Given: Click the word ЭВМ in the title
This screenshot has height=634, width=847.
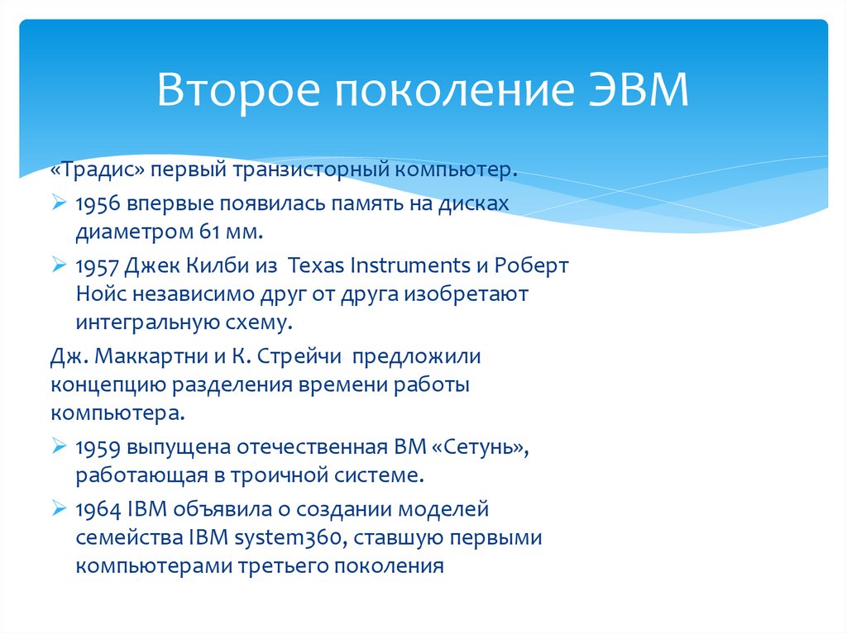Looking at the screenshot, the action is coord(639,88).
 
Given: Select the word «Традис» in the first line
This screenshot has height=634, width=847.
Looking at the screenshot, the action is coord(98,169).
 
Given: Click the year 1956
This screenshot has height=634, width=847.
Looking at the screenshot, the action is coord(98,203).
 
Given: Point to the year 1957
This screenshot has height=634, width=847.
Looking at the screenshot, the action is coord(98,265).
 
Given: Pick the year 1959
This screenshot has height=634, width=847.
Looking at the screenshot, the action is coord(98,448).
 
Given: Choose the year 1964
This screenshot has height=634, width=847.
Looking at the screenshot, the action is coord(98,510).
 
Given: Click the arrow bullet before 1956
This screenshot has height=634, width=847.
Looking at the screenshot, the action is coord(59,203).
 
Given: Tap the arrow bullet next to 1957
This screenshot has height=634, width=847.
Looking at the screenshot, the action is coord(59,265).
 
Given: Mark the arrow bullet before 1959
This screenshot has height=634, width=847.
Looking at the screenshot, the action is coord(59,446).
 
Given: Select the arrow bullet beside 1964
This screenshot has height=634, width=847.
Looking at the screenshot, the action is coord(59,508).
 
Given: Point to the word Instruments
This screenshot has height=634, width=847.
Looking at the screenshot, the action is coord(410,265).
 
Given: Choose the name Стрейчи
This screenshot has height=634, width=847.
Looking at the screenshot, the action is coord(299,356).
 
